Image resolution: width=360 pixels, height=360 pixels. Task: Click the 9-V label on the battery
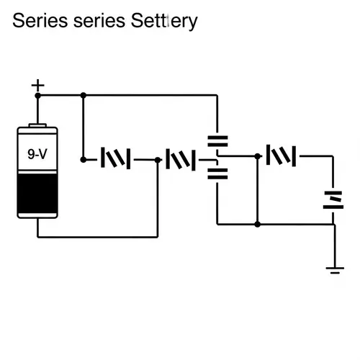click(37, 153)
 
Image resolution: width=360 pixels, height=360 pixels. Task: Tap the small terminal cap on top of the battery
click(37, 125)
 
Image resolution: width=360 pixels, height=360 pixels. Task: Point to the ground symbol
click(333, 270)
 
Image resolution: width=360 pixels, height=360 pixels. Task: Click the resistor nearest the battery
click(115, 158)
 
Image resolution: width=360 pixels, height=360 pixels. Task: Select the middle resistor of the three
click(181, 158)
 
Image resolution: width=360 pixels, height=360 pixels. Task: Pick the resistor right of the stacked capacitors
click(282, 155)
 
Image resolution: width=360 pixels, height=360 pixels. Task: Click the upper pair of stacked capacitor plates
click(217, 141)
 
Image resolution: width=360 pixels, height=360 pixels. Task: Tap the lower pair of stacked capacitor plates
click(217, 172)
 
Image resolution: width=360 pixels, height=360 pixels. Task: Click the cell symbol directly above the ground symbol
click(333, 199)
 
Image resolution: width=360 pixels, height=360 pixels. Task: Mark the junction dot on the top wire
click(84, 95)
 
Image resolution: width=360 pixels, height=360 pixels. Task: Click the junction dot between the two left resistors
click(157, 160)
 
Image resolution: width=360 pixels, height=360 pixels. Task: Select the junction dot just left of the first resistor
click(84, 159)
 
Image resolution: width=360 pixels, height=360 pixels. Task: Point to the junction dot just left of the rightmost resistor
click(257, 155)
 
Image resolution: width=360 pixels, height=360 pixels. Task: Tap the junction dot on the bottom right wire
click(257, 224)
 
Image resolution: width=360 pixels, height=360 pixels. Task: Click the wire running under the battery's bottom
click(97, 236)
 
